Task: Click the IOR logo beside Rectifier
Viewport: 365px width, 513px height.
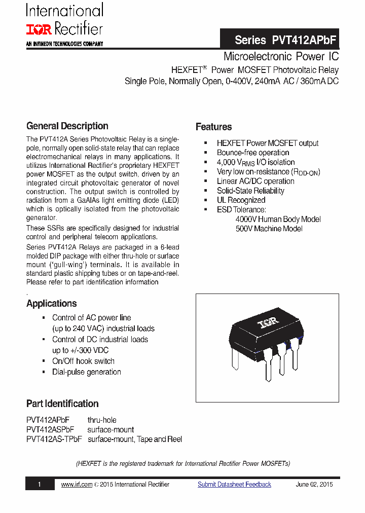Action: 39,29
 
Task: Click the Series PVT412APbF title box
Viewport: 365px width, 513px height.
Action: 286,40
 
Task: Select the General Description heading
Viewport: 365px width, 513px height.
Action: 67,126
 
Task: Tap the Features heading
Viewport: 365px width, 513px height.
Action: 213,127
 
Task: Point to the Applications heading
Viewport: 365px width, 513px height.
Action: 51,304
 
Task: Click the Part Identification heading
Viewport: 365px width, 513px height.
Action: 62,404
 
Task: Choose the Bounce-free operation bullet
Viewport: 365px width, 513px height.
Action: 252,153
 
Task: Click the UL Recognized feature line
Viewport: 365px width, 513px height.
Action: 241,200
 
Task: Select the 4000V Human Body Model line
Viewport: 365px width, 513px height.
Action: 278,219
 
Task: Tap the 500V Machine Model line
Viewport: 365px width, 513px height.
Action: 269,229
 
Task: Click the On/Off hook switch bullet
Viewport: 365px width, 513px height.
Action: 83,361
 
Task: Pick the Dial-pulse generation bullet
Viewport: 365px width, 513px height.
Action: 86,372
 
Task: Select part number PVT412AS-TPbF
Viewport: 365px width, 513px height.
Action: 54,439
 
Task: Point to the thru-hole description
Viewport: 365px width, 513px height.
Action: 102,420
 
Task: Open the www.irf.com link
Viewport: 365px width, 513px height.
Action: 77,485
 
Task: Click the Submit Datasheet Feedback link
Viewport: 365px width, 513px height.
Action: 234,485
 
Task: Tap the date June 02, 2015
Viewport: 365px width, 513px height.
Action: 314,485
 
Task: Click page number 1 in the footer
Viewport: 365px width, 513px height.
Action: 39,485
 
